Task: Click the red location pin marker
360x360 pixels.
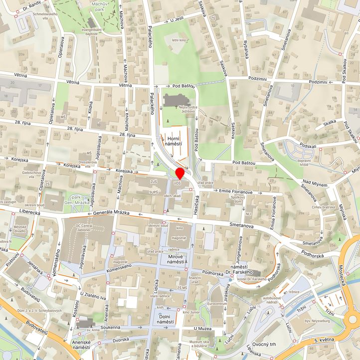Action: (x=180, y=173)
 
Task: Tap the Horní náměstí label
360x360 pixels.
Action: (x=174, y=141)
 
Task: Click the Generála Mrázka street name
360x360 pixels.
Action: (x=111, y=213)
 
